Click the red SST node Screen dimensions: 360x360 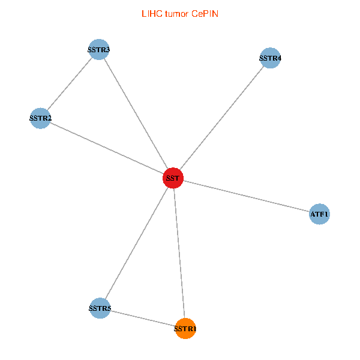pyautogui.click(x=173, y=178)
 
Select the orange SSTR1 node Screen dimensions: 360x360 pyautogui.click(x=185, y=328)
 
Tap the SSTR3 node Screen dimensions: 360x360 pyautogui.click(x=99, y=49)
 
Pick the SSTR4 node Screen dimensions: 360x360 pyautogui.click(x=271, y=58)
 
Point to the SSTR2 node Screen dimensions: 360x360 pyautogui.click(x=40, y=118)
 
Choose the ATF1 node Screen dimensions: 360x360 pyautogui.click(x=320, y=214)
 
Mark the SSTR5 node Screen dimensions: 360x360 pyautogui.click(x=100, y=308)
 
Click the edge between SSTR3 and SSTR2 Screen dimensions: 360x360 pyautogui.click(x=70, y=84)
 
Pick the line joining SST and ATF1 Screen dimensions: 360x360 pyautogui.click(x=246, y=196)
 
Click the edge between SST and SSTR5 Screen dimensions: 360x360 pyautogui.click(x=136, y=243)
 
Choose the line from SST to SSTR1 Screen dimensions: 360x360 pyautogui.click(x=179, y=253)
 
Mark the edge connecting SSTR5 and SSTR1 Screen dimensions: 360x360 pyautogui.click(x=142, y=318)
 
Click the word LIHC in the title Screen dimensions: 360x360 pyautogui.click(x=151, y=13)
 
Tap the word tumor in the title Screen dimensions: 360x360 pyautogui.click(x=177, y=13)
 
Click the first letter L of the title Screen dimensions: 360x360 pyautogui.click(x=143, y=13)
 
